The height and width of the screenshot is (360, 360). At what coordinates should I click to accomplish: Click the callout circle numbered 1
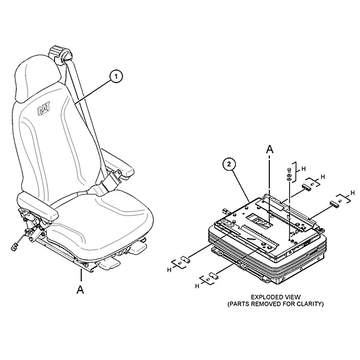click(116, 76)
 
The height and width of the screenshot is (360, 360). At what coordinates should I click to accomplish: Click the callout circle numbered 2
click(229, 164)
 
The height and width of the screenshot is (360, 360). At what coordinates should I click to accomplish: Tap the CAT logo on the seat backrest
click(44, 109)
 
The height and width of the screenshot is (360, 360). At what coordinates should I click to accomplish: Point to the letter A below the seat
click(81, 289)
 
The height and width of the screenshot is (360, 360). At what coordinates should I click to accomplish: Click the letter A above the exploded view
click(270, 149)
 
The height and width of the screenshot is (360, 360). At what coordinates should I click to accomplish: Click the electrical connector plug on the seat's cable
click(14, 247)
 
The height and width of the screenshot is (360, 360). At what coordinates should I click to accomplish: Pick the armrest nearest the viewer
click(38, 205)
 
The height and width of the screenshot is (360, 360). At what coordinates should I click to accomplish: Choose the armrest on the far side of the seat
click(117, 164)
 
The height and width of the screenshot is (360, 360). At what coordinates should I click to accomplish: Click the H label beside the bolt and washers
click(304, 169)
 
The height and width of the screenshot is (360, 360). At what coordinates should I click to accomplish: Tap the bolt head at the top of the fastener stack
click(289, 170)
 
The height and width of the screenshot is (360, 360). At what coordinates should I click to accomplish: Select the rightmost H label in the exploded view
click(352, 193)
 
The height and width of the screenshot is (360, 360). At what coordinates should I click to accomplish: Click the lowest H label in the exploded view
click(197, 286)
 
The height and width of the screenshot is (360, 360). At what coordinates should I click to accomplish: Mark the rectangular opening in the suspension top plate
click(259, 220)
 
